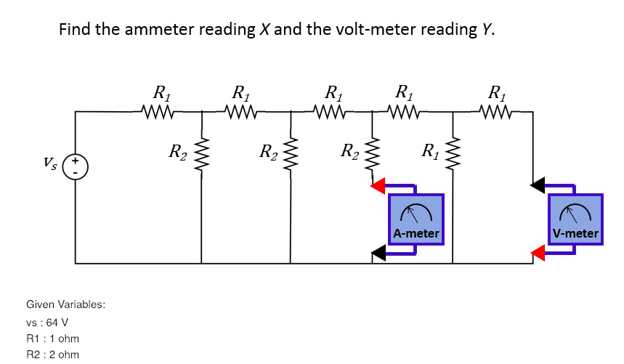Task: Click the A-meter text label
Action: click(416, 234)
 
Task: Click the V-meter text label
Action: click(575, 234)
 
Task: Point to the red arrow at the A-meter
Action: click(378, 187)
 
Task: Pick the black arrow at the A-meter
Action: click(378, 252)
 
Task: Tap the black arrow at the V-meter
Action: click(538, 187)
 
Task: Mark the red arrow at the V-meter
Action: click(538, 252)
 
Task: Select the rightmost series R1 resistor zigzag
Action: click(496, 112)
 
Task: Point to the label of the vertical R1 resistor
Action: click(431, 153)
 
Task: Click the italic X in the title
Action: click(262, 30)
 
